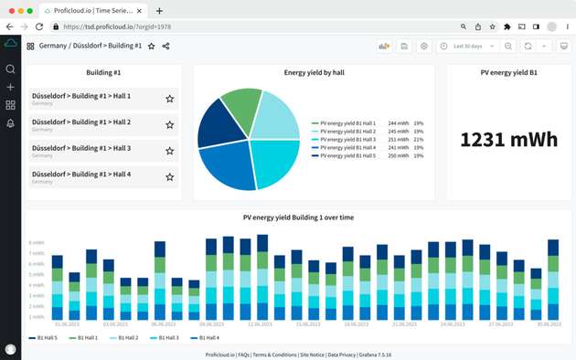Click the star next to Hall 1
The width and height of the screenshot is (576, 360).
(x=169, y=99)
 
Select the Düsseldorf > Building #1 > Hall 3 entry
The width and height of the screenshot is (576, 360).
(x=80, y=147)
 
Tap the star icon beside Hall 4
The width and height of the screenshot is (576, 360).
(x=169, y=176)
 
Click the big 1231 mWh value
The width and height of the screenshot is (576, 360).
(x=507, y=139)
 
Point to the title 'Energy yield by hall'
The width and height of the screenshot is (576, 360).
(x=313, y=71)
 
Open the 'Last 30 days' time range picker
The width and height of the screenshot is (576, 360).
(x=468, y=46)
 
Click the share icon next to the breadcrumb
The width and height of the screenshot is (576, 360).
(x=165, y=46)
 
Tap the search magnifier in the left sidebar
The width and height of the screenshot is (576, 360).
(x=10, y=69)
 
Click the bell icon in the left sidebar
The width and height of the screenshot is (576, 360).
(x=10, y=123)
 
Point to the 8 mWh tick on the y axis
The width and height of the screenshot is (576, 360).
(x=37, y=243)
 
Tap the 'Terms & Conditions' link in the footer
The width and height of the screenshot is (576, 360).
(x=275, y=354)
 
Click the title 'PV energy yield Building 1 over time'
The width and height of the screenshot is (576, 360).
(x=298, y=217)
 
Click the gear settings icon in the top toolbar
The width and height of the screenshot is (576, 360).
(x=423, y=46)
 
